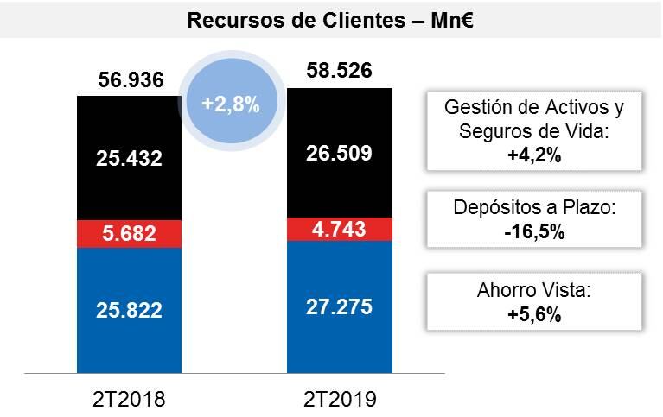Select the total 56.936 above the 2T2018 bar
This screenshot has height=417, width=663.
point(129,80)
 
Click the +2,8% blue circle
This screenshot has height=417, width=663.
point(230,104)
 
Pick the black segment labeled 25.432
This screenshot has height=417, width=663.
point(129,158)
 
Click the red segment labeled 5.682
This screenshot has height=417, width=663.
point(129,234)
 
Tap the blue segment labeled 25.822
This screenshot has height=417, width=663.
point(129,309)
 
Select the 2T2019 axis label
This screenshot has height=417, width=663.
point(339,399)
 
